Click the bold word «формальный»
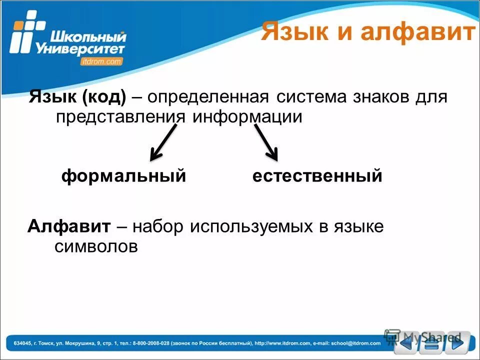tap(123, 176)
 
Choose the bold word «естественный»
tap(317, 176)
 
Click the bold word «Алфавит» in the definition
tap(68, 226)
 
